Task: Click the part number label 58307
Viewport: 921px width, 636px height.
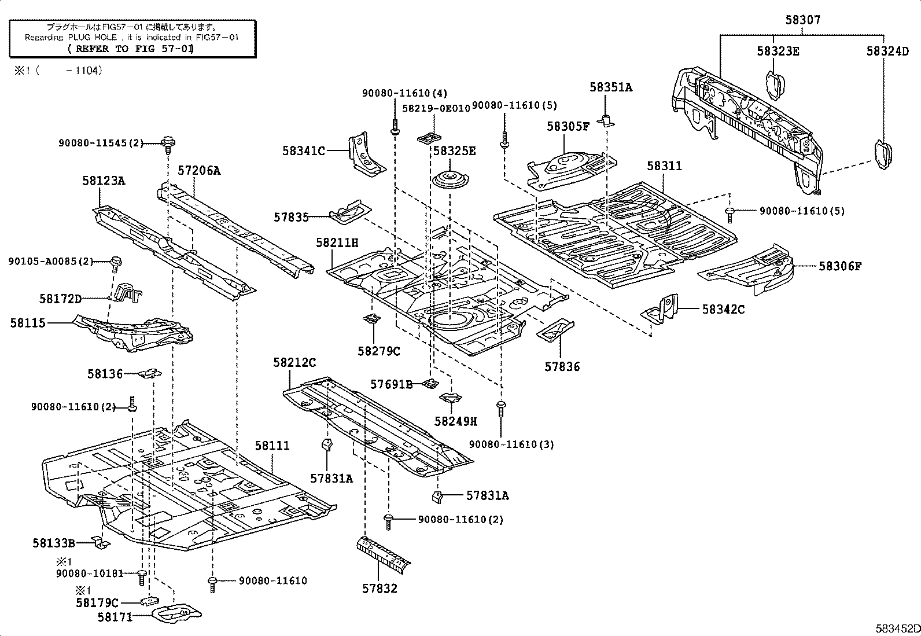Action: point(802,20)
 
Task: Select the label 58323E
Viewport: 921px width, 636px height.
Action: point(778,51)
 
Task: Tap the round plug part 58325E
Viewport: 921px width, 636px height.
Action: point(450,179)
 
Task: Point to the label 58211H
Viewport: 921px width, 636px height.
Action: point(337,242)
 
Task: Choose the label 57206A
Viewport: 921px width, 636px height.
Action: point(199,170)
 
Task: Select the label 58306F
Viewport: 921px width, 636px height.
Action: point(840,266)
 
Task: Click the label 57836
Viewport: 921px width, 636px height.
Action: point(562,366)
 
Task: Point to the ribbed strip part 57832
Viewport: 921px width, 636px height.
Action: point(383,552)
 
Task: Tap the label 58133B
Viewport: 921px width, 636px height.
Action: point(54,543)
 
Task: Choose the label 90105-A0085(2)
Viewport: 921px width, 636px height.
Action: point(51,261)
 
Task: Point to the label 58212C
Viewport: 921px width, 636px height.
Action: point(294,362)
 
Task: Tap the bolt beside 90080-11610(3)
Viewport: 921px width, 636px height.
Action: point(501,408)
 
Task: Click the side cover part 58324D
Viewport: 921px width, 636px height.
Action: point(883,153)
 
